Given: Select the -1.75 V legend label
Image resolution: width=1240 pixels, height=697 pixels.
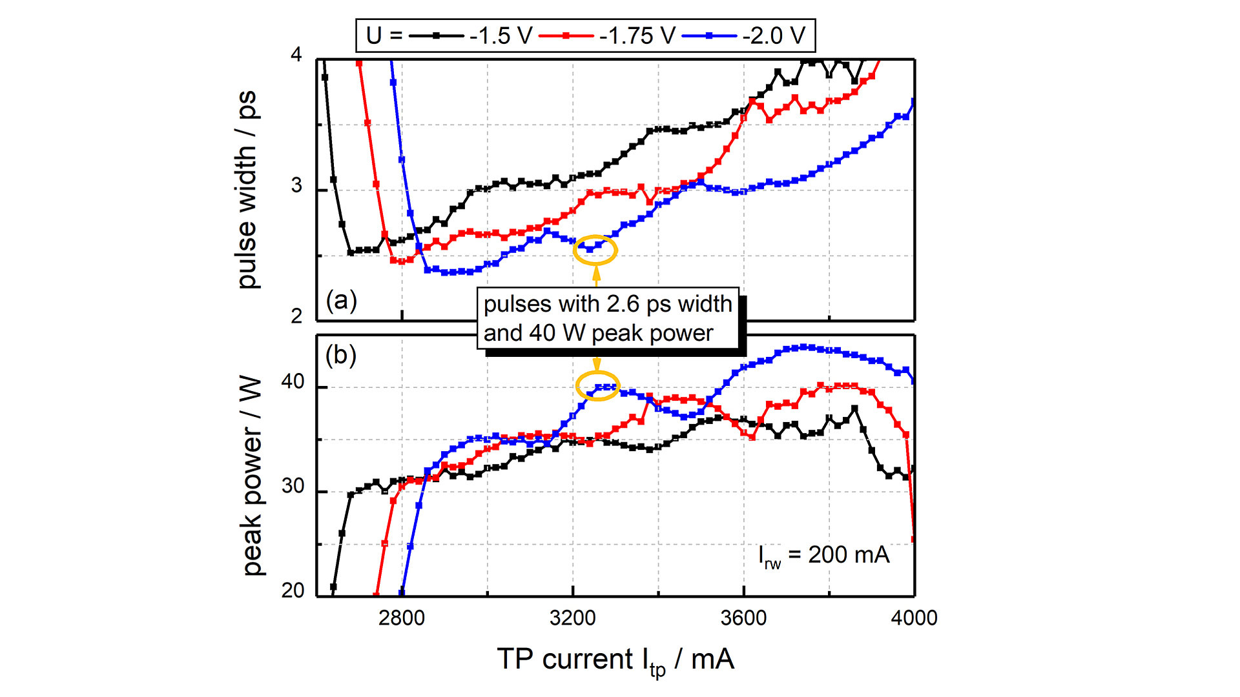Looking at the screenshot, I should click(x=637, y=35).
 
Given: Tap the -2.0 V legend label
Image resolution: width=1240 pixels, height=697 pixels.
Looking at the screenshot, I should click(x=774, y=35).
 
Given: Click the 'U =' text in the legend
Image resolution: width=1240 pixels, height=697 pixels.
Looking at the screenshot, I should click(x=384, y=35).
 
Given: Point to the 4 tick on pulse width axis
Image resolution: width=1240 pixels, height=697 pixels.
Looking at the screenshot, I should click(x=296, y=55).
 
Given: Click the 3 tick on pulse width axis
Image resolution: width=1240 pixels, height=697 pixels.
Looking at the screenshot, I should click(x=296, y=186).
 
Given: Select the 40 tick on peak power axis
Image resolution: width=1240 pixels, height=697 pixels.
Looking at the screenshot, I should click(x=293, y=382).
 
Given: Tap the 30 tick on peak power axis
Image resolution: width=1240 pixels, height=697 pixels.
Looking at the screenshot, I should click(x=293, y=487).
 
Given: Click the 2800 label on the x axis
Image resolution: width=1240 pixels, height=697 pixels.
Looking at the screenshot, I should click(x=401, y=618).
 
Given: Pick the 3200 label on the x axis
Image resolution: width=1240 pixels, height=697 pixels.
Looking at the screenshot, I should click(x=572, y=618).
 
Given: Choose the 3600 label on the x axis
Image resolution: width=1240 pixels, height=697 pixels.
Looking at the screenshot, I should click(x=743, y=618).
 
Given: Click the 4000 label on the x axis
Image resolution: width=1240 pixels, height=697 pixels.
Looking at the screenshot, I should click(x=914, y=618).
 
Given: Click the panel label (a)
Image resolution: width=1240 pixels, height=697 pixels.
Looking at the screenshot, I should click(x=341, y=301).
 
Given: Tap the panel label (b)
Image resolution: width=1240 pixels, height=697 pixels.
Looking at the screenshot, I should click(x=341, y=356).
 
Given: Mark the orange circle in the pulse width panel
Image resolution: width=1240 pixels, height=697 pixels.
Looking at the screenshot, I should click(x=595, y=250).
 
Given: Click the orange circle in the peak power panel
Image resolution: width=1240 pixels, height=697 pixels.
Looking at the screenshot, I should click(x=598, y=386).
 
